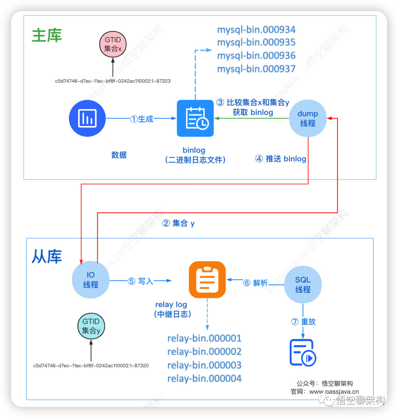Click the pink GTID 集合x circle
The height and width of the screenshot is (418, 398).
pyautogui.click(x=113, y=44)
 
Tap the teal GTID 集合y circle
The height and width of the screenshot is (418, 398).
pyautogui.click(x=91, y=326)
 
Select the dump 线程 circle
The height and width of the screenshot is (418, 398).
pyautogui.click(x=308, y=119)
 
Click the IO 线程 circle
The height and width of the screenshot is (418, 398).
pyautogui.click(x=91, y=280)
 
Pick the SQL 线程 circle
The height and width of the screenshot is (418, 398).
pyautogui.click(x=303, y=285)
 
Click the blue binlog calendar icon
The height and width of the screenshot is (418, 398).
pyautogui.click(x=195, y=118)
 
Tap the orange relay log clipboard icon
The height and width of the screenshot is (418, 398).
pyautogui.click(x=207, y=280)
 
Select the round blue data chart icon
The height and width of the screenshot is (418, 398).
pyautogui.click(x=87, y=118)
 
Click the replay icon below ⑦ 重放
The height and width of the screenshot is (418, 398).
pyautogui.click(x=303, y=352)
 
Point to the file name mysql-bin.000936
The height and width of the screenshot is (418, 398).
pyautogui.click(x=256, y=56)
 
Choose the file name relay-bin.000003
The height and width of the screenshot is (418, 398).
pyautogui.click(x=204, y=365)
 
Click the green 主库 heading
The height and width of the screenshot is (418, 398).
pyautogui.click(x=47, y=35)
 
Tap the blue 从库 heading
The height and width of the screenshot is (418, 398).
pyautogui.click(x=46, y=257)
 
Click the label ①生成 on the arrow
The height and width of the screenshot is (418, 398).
pyautogui.click(x=142, y=119)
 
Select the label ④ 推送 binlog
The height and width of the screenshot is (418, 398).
pyautogui.click(x=281, y=159)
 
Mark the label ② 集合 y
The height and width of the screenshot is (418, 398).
pyautogui.click(x=178, y=223)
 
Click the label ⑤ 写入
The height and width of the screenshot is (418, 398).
pyautogui.click(x=140, y=281)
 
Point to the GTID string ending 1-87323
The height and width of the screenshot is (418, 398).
pyautogui.click(x=113, y=81)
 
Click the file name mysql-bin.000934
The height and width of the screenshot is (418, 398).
pyautogui.click(x=256, y=29)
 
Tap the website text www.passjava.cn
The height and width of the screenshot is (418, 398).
pyautogui.click(x=334, y=392)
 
